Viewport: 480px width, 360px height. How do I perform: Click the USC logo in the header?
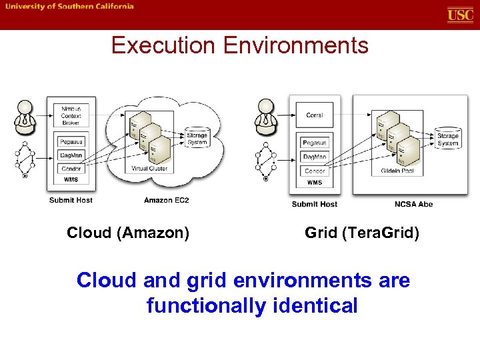pos(460,15)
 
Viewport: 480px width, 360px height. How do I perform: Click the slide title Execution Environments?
pos(239,45)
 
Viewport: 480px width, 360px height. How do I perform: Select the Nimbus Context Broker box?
pos(71,115)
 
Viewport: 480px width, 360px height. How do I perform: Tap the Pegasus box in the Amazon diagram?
pos(71,142)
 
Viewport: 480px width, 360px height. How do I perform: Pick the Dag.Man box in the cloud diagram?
pos(71,155)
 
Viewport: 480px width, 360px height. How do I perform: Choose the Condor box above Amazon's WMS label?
pos(71,169)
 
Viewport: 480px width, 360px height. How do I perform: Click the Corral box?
pos(314,115)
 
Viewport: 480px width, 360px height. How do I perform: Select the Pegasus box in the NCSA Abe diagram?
pos(314,143)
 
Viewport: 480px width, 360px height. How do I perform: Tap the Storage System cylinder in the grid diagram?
pos(447,139)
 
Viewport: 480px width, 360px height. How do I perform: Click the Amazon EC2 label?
pos(166,200)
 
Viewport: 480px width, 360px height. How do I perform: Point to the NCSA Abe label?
pos(413,204)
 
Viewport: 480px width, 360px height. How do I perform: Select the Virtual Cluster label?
pos(149,169)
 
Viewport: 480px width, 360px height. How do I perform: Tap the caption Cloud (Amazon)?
pos(128,233)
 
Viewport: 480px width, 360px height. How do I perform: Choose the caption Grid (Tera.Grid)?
pos(362,233)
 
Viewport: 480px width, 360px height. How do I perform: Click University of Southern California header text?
pos(70,7)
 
